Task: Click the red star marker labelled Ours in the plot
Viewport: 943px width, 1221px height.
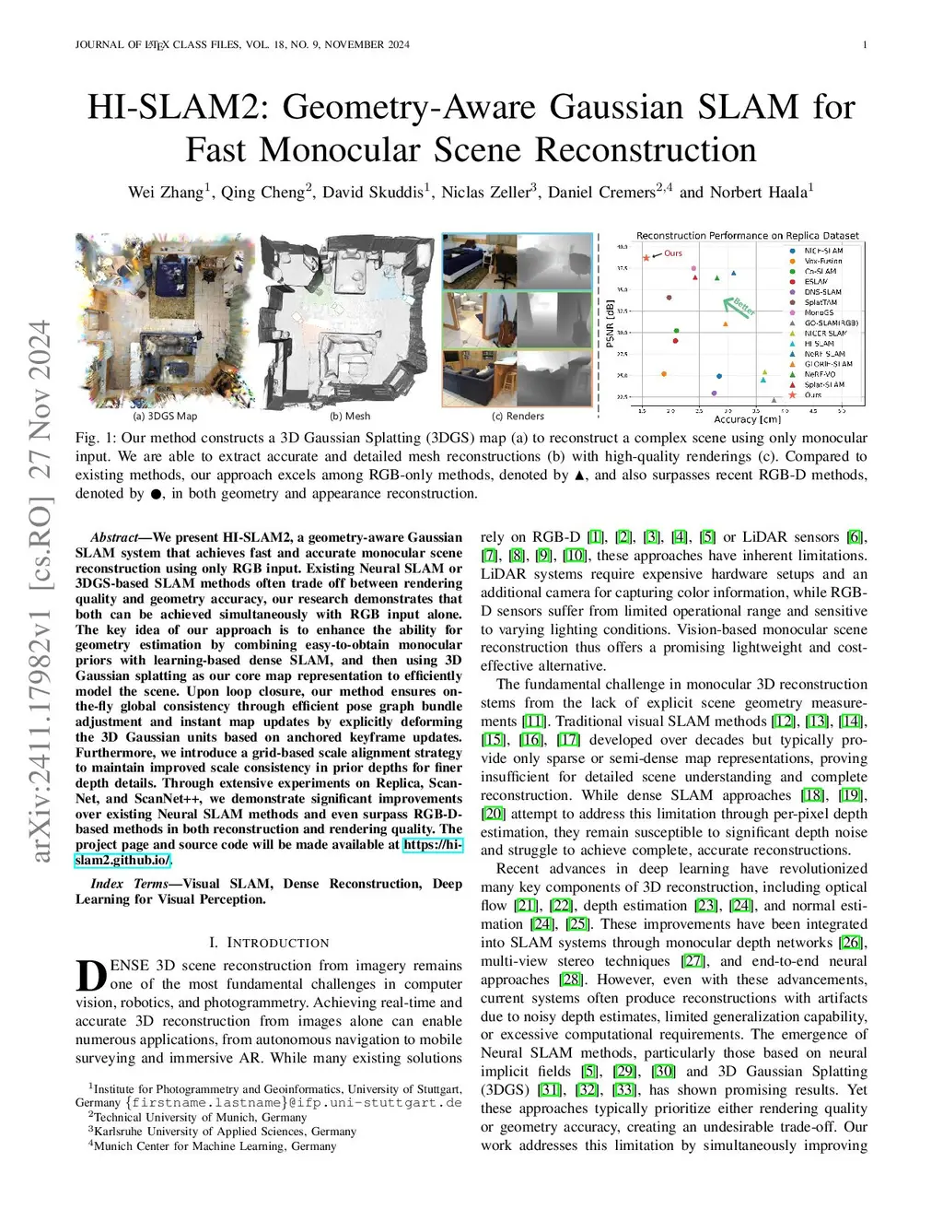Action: coord(646,257)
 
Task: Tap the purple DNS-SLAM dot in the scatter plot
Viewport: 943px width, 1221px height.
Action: coord(669,298)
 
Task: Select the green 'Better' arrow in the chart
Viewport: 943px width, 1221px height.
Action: coord(737,307)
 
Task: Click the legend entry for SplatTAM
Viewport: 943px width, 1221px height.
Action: coord(821,302)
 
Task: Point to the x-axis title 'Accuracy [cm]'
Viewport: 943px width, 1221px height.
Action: coord(747,419)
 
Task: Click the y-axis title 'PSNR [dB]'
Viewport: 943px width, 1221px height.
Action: coord(610,323)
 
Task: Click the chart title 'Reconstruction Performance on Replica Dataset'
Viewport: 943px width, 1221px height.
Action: coord(747,236)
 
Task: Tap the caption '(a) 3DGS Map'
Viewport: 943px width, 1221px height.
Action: coord(165,417)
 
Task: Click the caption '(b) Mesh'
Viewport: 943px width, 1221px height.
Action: coord(350,417)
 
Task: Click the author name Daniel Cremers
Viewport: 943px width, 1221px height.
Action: coord(600,193)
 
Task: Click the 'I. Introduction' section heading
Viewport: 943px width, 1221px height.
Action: coord(268,943)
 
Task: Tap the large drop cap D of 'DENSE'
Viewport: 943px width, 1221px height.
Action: coord(90,975)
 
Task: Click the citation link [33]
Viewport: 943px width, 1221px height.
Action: coord(624,1090)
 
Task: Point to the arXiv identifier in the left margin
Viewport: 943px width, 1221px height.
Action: coord(41,590)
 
